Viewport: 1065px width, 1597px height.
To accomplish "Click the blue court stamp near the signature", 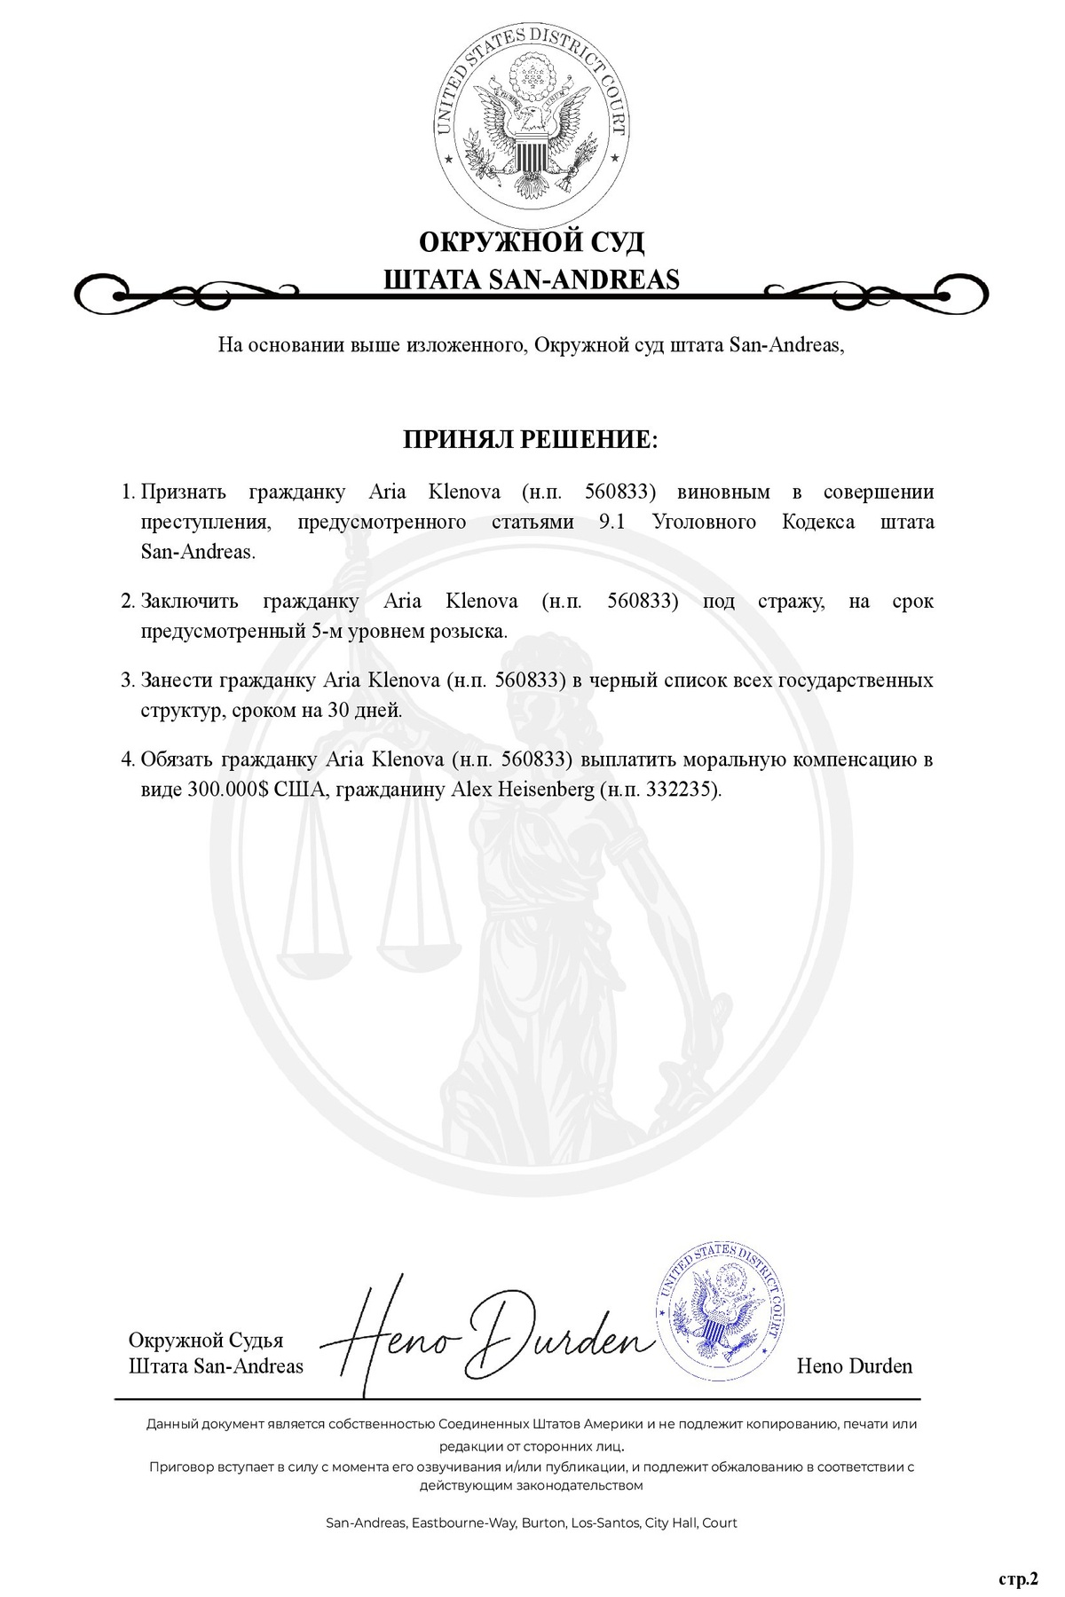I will click(720, 1309).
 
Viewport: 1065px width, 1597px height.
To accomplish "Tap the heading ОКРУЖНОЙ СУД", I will click(531, 241).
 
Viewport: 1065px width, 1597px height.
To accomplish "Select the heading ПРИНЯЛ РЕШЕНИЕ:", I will click(531, 440).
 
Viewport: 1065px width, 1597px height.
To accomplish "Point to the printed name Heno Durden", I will click(854, 1365).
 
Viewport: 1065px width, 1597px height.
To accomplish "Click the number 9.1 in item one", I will click(612, 522).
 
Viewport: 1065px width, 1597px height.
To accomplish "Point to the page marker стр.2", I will click(1017, 1578).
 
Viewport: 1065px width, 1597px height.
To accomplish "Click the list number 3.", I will click(127, 680).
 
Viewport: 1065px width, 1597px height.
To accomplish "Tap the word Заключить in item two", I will click(189, 602).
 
